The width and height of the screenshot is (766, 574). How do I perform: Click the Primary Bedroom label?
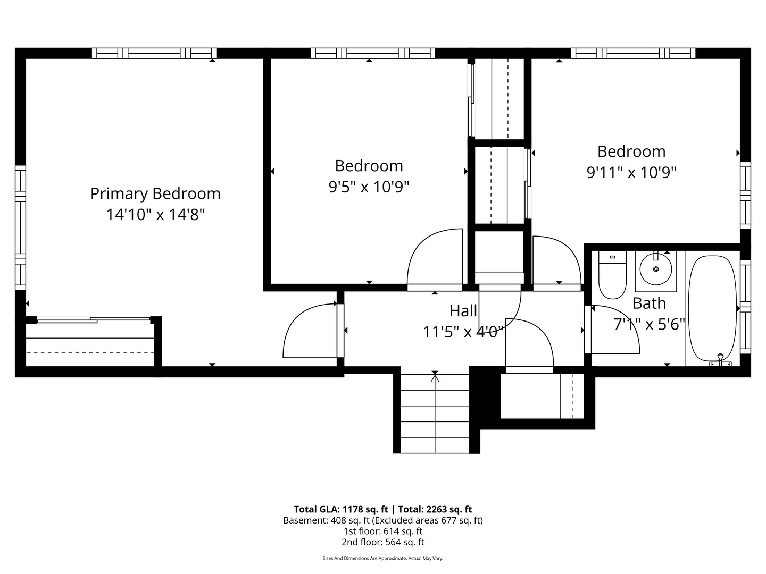pos(155,193)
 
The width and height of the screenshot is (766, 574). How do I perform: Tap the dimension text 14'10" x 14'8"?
pos(155,215)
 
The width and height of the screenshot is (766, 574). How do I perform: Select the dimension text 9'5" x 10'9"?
pos(369,187)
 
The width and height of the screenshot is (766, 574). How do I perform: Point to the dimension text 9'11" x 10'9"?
pos(631,173)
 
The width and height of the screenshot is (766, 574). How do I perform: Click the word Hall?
pos(463,311)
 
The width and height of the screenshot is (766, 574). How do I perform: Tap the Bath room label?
pos(649,303)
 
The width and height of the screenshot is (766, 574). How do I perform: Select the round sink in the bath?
pos(655,269)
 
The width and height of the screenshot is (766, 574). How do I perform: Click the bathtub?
pos(712,308)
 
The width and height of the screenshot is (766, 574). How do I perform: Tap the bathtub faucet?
pos(721,360)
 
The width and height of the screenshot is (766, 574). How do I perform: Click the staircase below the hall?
pos(435,415)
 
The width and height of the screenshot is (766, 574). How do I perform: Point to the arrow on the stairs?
pos(435,379)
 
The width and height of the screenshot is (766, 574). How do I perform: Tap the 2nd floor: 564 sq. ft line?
pos(383,542)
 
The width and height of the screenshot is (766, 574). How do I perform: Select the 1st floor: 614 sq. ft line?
pos(383,531)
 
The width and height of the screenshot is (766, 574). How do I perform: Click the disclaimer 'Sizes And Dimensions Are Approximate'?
pos(383,559)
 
